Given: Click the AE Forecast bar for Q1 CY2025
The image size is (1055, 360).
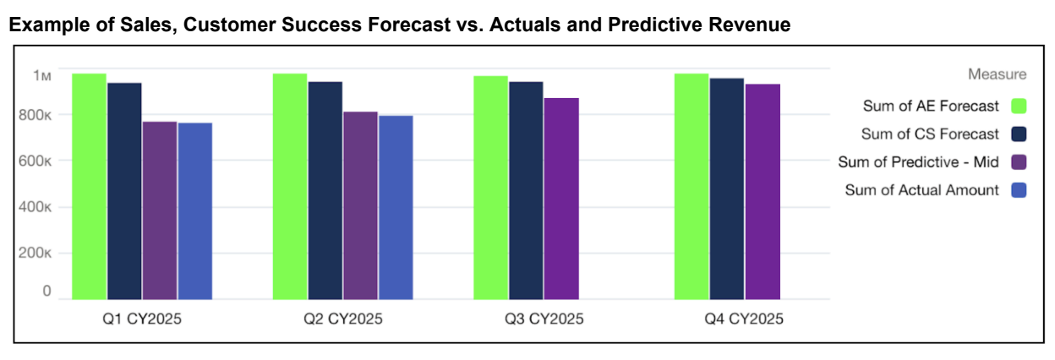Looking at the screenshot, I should tap(89, 186).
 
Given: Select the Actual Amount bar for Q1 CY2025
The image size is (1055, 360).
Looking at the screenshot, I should tap(195, 210).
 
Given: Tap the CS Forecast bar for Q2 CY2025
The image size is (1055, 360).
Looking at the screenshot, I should tap(325, 190).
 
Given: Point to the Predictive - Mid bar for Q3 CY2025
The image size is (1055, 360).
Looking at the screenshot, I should tap(561, 199).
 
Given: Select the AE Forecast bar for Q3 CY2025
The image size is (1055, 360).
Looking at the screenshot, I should tap(490, 188).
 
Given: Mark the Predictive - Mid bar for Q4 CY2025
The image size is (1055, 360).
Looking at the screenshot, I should tap(763, 191).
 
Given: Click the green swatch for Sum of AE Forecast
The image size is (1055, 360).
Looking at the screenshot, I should tap(1019, 106).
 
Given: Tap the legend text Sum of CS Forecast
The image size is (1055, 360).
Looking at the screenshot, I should tap(930, 134).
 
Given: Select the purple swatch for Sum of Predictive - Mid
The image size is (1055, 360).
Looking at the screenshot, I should tap(1019, 161).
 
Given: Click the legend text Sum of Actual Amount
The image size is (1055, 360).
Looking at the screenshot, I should tap(921, 190).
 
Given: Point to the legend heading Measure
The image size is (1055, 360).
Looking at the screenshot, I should tap(998, 74).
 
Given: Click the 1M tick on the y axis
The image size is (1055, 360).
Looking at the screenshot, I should tap(42, 76).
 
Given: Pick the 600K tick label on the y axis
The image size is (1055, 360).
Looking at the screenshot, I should tap(37, 161).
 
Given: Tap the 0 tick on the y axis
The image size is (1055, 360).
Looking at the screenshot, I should tap(46, 292).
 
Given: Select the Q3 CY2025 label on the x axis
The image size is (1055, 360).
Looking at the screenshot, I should tap(544, 319).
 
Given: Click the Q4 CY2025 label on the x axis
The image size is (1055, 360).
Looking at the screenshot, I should tap(744, 319).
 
